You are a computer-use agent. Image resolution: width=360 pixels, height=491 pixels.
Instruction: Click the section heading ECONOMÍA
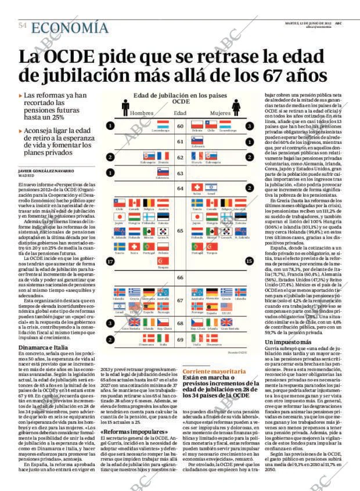[x=70, y=28]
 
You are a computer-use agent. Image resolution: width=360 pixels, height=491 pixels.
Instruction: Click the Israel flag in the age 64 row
[x=211, y=187]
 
